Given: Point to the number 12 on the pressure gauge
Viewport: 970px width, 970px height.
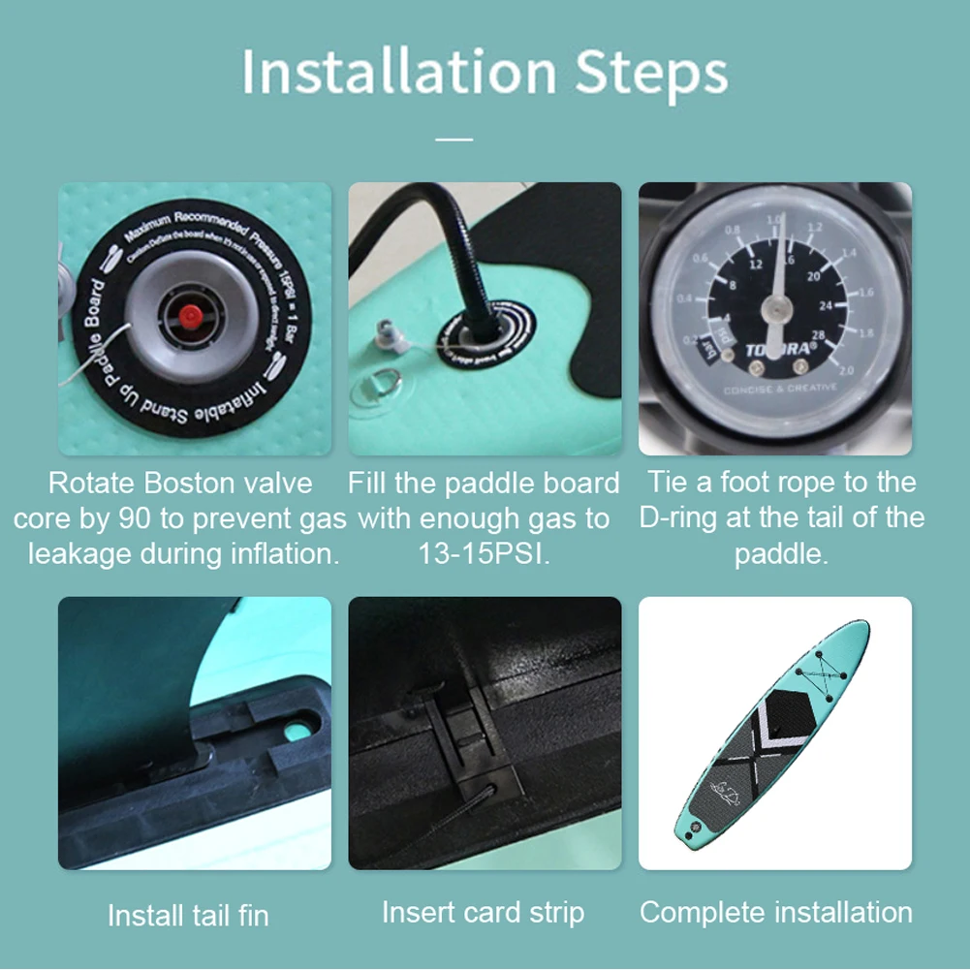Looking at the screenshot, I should [756, 264].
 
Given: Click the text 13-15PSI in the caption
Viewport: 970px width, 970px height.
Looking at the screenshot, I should [484, 554].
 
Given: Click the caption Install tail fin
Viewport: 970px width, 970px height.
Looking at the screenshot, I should [188, 915].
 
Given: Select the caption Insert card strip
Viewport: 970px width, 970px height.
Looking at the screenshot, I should [483, 912].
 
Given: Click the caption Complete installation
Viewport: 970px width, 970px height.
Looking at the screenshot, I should [775, 912].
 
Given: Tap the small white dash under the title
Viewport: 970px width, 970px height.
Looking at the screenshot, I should [454, 140].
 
